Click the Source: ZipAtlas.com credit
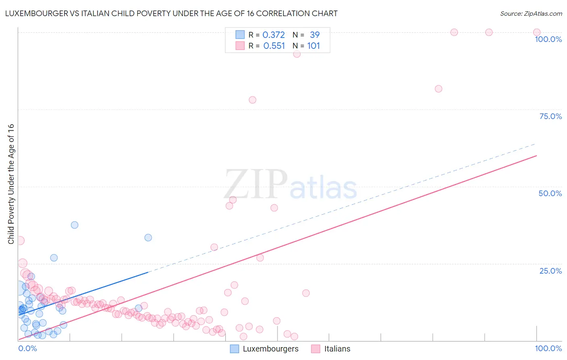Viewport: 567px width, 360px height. tap(531, 13)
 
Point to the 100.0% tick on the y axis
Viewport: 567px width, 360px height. tap(548, 39)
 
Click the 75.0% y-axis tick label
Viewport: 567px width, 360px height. tap(550, 116)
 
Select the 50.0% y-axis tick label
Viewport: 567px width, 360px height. tap(550, 193)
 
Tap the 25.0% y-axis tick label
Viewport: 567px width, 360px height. tap(550, 271)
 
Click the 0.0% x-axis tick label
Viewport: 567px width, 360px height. tap(28, 348)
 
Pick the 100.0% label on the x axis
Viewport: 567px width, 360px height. tap(548, 348)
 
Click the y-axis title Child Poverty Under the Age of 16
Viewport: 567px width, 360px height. tap(11, 184)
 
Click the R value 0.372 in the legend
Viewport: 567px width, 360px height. tap(273, 35)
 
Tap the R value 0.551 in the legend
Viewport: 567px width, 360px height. tap(274, 46)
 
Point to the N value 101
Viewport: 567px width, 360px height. tap(313, 46)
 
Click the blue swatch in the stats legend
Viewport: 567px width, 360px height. tap(240, 35)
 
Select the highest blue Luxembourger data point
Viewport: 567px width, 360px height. tap(75, 225)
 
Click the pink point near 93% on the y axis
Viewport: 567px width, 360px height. tap(297, 54)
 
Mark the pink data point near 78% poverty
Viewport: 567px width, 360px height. tap(252, 100)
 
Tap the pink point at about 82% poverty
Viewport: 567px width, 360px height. tap(438, 89)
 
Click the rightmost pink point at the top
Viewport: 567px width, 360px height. tap(537, 32)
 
